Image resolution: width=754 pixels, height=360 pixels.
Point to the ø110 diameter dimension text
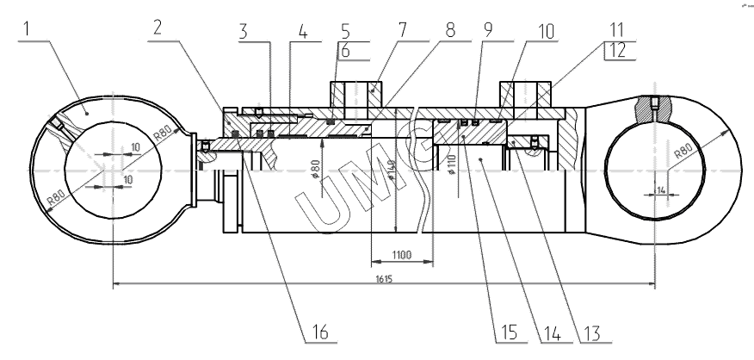[453, 165]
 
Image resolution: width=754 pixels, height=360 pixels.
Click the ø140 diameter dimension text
[393, 177]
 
